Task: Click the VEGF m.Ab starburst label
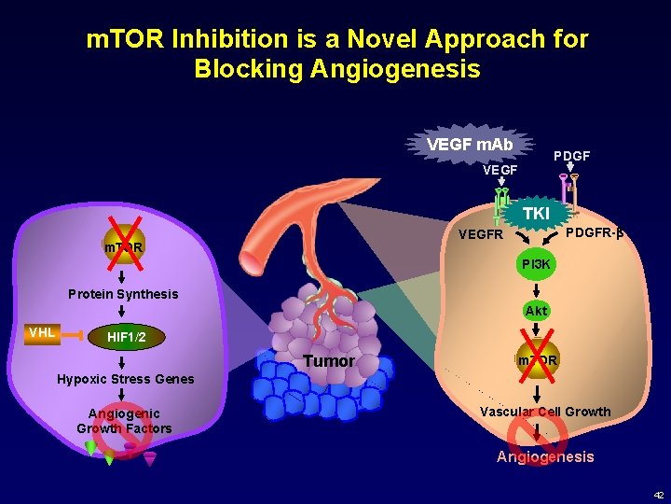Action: [470, 145]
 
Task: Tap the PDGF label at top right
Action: [572, 155]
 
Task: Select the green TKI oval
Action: [536, 214]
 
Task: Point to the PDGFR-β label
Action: [595, 231]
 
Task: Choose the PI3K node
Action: [537, 264]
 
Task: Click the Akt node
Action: [536, 311]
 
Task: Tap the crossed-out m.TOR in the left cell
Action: [123, 247]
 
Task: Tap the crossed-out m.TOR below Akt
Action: [537, 360]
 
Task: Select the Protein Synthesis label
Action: [123, 294]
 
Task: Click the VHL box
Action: [42, 332]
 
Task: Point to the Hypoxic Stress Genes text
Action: [126, 379]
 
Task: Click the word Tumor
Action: [329, 361]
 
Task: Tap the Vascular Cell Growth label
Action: [545, 412]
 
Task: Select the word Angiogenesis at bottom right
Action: [545, 456]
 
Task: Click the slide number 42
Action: [658, 495]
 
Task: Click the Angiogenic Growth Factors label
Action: [124, 421]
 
